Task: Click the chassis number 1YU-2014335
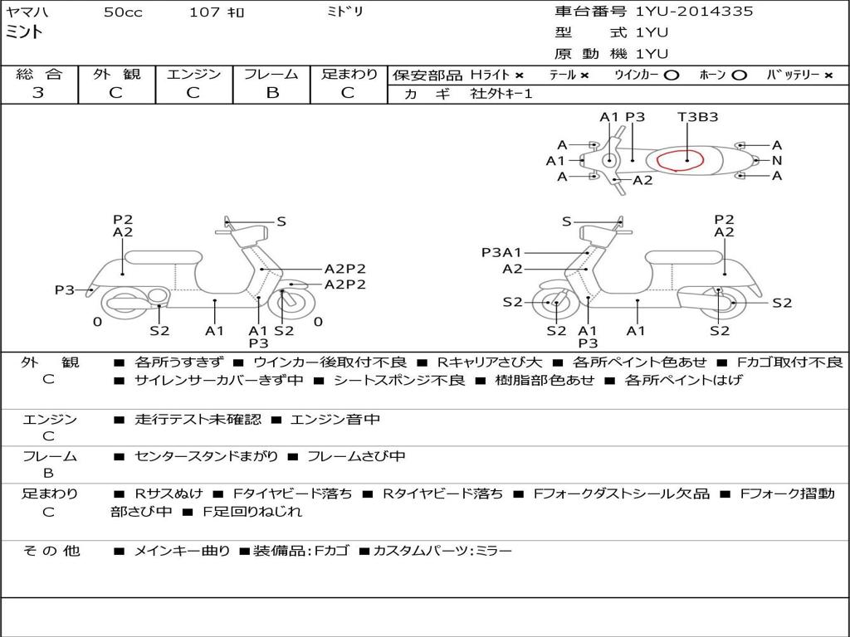coord(694,12)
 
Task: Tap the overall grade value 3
coord(38,92)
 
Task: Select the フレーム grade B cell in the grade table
coord(271,92)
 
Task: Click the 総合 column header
coord(38,74)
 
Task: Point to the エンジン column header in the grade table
coord(193,74)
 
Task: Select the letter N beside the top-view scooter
coord(777,160)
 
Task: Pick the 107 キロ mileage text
coord(217,12)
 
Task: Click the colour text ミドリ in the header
coord(345,12)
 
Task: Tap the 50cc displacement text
coord(123,12)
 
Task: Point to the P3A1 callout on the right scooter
coord(502,252)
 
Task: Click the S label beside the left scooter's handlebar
coord(281,221)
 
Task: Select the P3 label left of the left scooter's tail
coord(65,289)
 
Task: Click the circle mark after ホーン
coord(739,75)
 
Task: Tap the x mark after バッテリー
coord(828,75)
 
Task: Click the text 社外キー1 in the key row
coord(501,94)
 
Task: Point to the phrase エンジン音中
coord(335,420)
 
